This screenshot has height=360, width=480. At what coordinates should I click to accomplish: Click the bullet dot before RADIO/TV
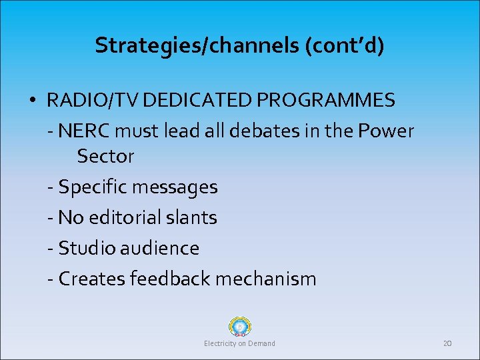point(32,101)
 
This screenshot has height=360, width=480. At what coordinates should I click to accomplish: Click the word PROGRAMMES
point(326,101)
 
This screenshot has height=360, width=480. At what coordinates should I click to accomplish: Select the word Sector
point(105,157)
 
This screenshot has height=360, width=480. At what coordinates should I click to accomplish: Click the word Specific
point(93,187)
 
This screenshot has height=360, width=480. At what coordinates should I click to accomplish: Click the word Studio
point(85,248)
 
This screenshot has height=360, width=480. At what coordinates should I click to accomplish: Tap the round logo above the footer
point(239,327)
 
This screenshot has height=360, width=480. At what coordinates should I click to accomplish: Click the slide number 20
point(447,343)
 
